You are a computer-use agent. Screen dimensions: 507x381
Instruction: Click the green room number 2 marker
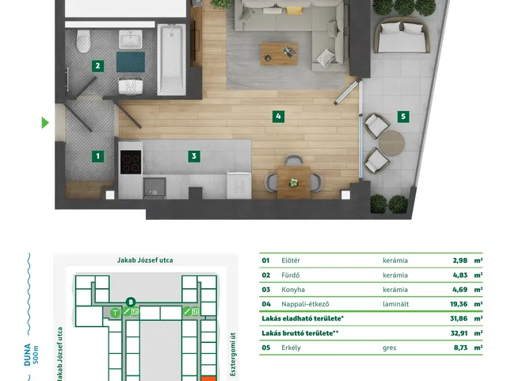click(x=97, y=66)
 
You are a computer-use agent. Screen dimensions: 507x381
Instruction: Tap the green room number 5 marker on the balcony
click(x=403, y=117)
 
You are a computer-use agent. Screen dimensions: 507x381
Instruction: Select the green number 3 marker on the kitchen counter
click(x=194, y=156)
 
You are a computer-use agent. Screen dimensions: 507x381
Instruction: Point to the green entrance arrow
click(x=45, y=123)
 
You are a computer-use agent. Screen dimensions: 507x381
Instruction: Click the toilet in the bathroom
click(x=83, y=41)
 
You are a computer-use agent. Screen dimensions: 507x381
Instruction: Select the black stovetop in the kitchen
click(x=131, y=162)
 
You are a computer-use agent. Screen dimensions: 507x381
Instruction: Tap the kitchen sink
click(x=154, y=187)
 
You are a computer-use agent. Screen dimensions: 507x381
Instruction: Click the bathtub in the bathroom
click(x=171, y=60)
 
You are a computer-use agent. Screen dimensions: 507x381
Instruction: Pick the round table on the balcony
click(x=391, y=143)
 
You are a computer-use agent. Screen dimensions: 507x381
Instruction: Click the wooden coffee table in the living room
click(x=279, y=54)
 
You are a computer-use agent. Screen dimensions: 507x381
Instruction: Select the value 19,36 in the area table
click(x=459, y=304)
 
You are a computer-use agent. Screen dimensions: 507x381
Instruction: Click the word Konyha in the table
click(x=293, y=290)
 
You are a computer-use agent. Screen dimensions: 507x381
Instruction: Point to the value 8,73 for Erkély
click(x=460, y=348)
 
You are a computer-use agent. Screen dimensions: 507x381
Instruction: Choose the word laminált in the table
click(x=395, y=304)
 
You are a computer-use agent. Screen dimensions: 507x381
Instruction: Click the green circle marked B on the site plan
click(x=131, y=302)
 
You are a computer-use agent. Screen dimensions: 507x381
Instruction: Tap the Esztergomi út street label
click(x=233, y=354)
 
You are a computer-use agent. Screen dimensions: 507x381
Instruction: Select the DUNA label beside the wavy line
click(x=28, y=355)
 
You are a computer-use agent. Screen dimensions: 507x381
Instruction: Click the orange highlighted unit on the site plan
click(x=208, y=379)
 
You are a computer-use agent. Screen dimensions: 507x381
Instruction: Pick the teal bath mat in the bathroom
click(x=131, y=62)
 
